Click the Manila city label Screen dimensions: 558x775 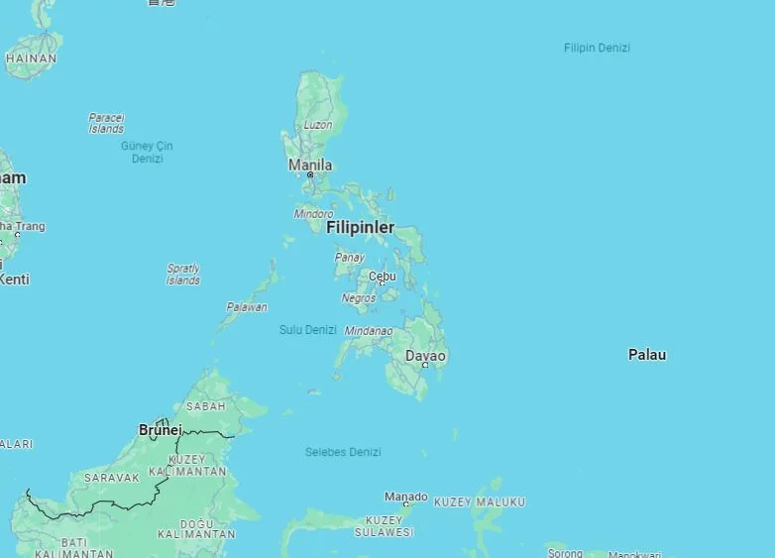(x=310, y=165)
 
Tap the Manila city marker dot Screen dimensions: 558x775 (x=310, y=175)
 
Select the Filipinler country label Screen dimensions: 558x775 (x=360, y=228)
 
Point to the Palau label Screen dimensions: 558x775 (x=647, y=355)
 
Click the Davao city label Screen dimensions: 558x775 (x=425, y=356)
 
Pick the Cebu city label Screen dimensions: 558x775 (x=382, y=277)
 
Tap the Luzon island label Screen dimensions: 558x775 (x=318, y=125)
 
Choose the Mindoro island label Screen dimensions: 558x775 (x=313, y=214)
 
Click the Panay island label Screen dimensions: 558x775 (x=349, y=258)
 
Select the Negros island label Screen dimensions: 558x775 (x=359, y=298)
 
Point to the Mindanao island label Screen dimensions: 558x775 (x=369, y=331)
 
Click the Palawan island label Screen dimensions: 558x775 (x=246, y=307)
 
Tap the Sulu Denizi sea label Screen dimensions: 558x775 (x=307, y=330)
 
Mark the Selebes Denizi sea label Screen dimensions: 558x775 (x=343, y=452)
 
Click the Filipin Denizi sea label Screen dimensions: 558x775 (x=597, y=48)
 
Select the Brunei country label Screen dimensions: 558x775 (x=161, y=430)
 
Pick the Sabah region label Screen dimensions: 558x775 (x=205, y=406)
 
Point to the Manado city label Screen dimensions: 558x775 (x=405, y=497)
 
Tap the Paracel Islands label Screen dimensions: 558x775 (x=106, y=123)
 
